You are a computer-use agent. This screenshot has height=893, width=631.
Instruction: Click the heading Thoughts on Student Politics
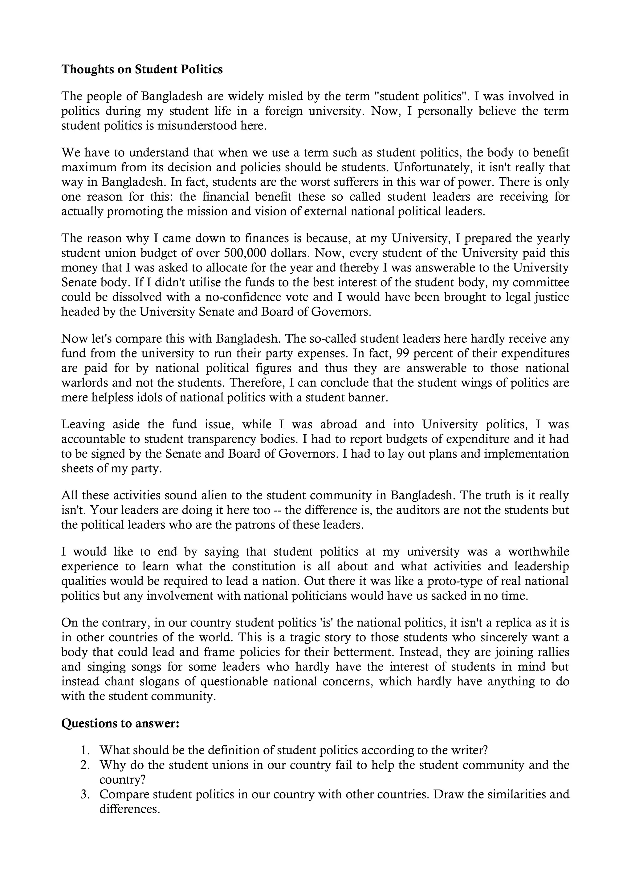point(142,69)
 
